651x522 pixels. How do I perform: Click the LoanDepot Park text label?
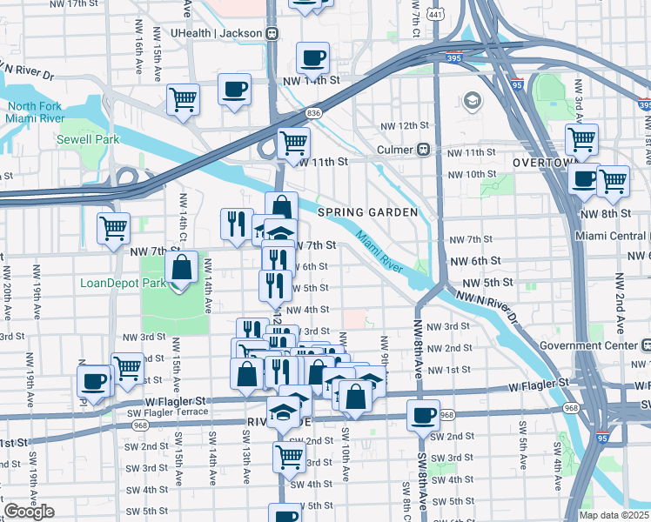pyautogui.click(x=123, y=283)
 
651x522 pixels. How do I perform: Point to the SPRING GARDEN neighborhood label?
pyautogui.click(x=367, y=212)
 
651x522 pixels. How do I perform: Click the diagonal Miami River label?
pyautogui.click(x=380, y=250)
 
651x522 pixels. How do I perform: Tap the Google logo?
pyautogui.click(x=29, y=512)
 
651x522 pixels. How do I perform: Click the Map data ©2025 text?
pyautogui.click(x=607, y=514)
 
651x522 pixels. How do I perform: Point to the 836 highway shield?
pyautogui.click(x=314, y=113)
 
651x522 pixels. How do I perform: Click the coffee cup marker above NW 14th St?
pyautogui.click(x=312, y=58)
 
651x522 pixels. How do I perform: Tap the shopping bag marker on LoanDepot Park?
pyautogui.click(x=182, y=268)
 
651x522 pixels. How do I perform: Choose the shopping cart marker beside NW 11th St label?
pyautogui.click(x=293, y=142)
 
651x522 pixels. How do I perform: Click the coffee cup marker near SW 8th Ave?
pyautogui.click(x=423, y=416)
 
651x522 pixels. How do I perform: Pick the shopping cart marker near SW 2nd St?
pyautogui.click(x=290, y=456)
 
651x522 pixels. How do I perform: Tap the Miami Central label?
pyautogui.click(x=612, y=236)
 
